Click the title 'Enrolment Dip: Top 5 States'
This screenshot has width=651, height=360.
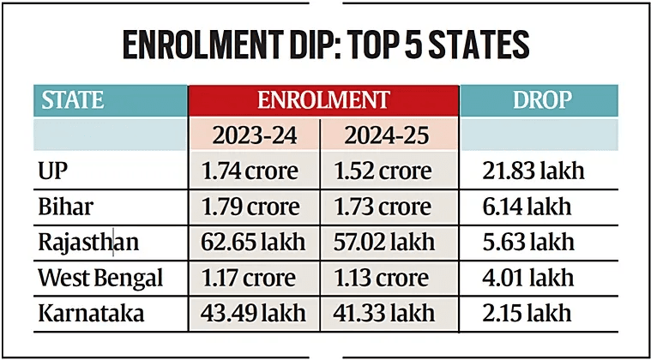325,45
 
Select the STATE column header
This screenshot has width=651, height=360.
73,100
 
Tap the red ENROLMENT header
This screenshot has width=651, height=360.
323,100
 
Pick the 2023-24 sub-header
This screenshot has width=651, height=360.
254,135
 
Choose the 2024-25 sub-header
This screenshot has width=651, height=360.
387,135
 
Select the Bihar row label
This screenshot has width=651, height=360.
64,207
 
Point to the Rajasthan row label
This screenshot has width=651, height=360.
87,243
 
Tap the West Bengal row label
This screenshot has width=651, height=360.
99,279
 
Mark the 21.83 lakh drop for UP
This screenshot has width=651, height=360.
534,171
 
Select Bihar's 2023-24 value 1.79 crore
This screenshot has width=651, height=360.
254,207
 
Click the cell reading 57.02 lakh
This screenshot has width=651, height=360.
387,243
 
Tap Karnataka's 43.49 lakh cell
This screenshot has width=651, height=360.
254,314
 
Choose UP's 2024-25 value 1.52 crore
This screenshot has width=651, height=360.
387,171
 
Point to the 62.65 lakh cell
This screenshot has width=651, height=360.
254,243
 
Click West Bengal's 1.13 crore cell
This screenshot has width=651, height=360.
387,279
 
